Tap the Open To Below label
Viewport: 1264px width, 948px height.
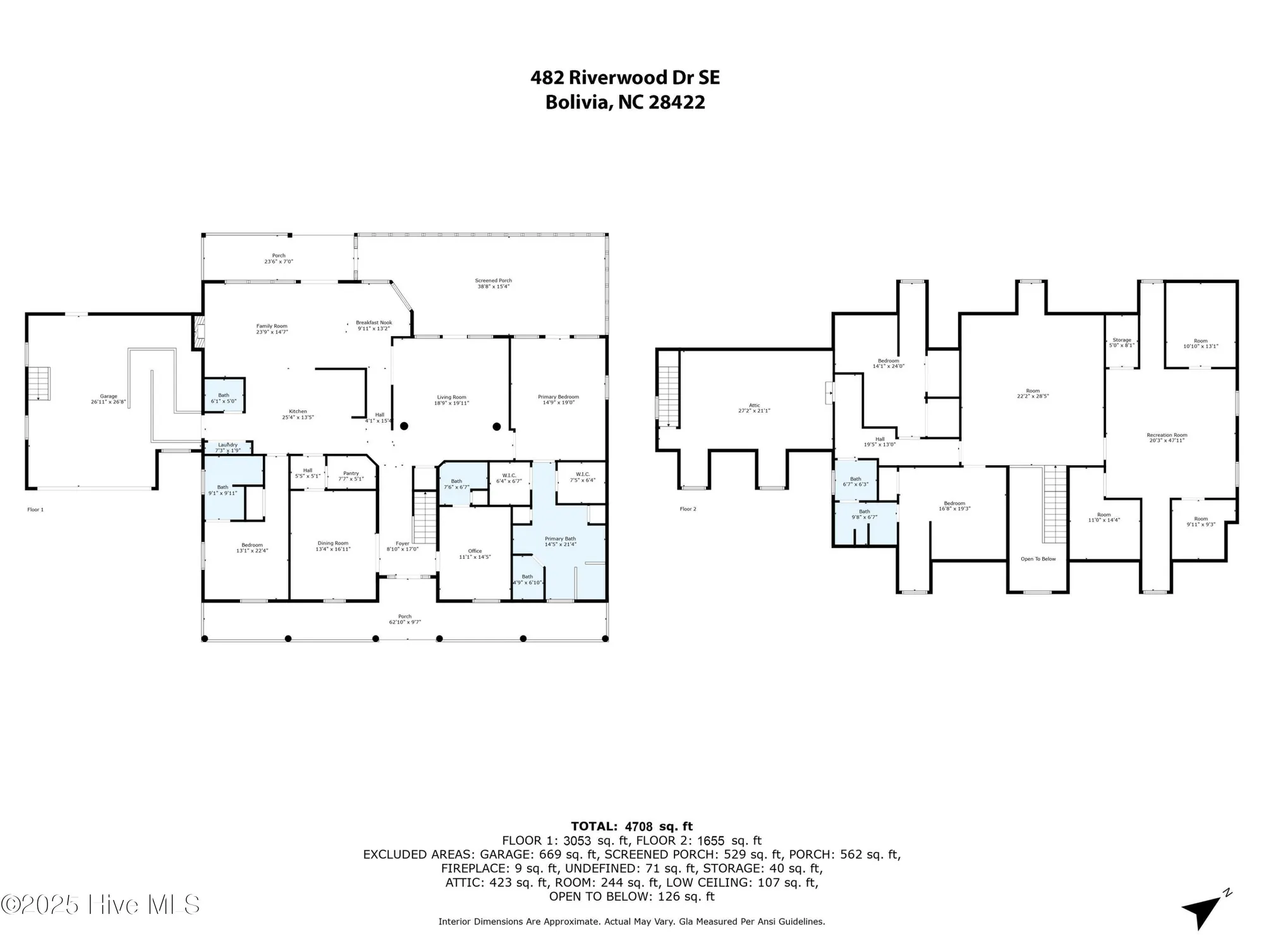pos(1038,559)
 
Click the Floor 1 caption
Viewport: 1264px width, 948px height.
pos(35,509)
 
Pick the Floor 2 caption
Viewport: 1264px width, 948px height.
pos(688,509)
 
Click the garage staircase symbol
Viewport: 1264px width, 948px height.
pos(39,383)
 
